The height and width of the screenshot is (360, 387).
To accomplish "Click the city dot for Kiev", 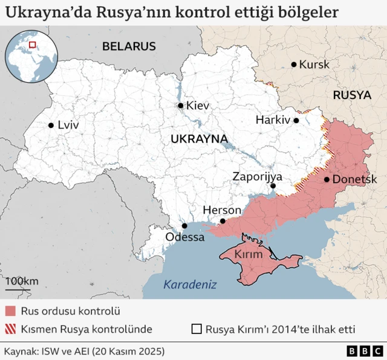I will click(x=180, y=106).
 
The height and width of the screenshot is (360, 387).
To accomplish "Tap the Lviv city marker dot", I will click(x=51, y=126).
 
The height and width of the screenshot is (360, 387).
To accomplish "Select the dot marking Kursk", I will click(x=294, y=65).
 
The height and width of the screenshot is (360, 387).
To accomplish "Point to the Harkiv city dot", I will click(x=296, y=120).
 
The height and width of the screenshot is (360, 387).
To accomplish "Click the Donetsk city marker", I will click(x=327, y=179).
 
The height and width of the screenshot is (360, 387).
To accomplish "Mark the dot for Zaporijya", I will click(x=273, y=187).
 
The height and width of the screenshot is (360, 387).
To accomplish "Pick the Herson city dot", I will click(x=223, y=221).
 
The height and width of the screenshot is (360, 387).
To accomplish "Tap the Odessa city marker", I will click(x=184, y=227).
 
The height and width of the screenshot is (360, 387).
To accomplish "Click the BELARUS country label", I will click(x=129, y=47).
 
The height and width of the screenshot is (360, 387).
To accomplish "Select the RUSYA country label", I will click(x=351, y=95).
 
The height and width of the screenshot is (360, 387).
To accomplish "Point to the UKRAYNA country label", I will click(x=199, y=139).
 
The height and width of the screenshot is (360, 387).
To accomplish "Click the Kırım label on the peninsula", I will click(x=249, y=255).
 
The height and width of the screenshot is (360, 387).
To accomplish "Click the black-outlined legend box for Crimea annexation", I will click(x=196, y=329).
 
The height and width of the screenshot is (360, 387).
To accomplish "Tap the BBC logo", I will click(x=364, y=351).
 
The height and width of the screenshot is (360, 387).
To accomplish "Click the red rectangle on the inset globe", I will click(x=33, y=44).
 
